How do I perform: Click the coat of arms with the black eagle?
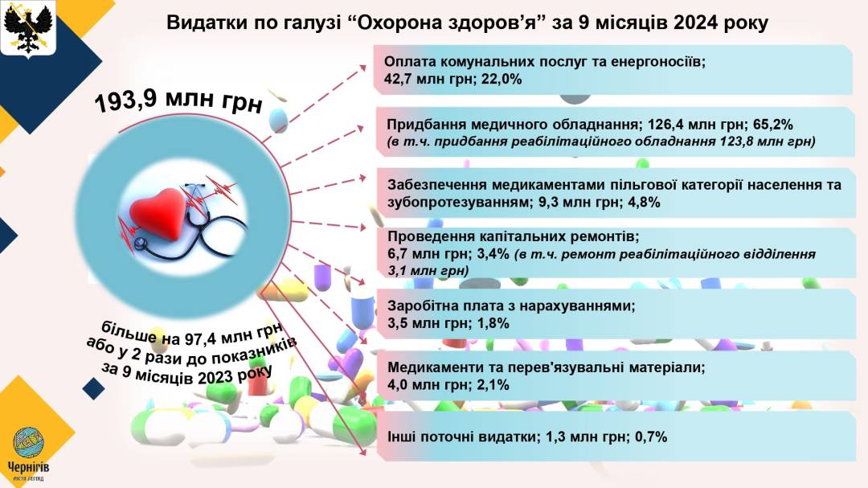pyautogui.click(x=27, y=27)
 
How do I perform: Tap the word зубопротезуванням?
pyautogui.click(x=458, y=203)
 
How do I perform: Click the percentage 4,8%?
pyautogui.click(x=645, y=202)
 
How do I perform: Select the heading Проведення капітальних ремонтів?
pyautogui.click(x=512, y=237)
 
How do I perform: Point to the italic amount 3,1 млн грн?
pyautogui.click(x=428, y=271)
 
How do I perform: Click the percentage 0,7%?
pyautogui.click(x=651, y=437)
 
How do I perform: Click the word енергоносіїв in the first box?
pyautogui.click(x=657, y=62)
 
